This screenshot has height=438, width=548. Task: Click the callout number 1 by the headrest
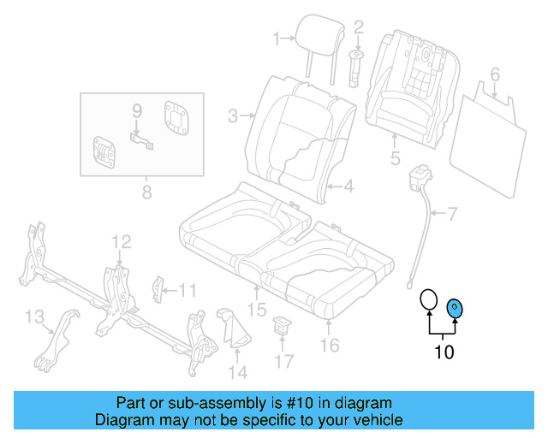pyautogui.click(x=277, y=38)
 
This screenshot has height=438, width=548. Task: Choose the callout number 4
pyautogui.click(x=350, y=186)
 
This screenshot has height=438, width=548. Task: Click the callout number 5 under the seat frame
pyautogui.click(x=395, y=158)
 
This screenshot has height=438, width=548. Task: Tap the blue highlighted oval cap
pyautogui.click(x=455, y=308)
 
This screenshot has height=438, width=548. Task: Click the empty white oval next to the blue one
pyautogui.click(x=428, y=300)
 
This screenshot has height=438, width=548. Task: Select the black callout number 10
pyautogui.click(x=444, y=352)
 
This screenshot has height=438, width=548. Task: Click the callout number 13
pyautogui.click(x=33, y=318)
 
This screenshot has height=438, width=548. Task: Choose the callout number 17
pyautogui.click(x=283, y=361)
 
